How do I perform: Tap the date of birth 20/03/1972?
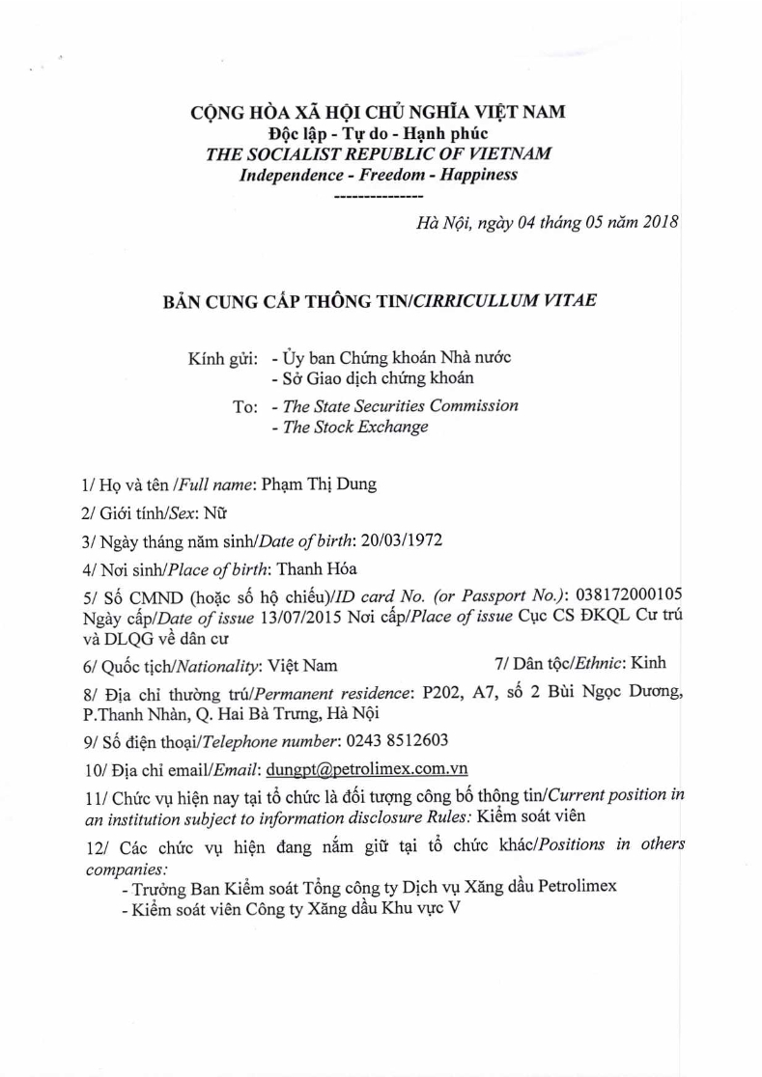click(406, 539)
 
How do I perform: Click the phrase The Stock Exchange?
click(355, 427)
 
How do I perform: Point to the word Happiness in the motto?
click(476, 175)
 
